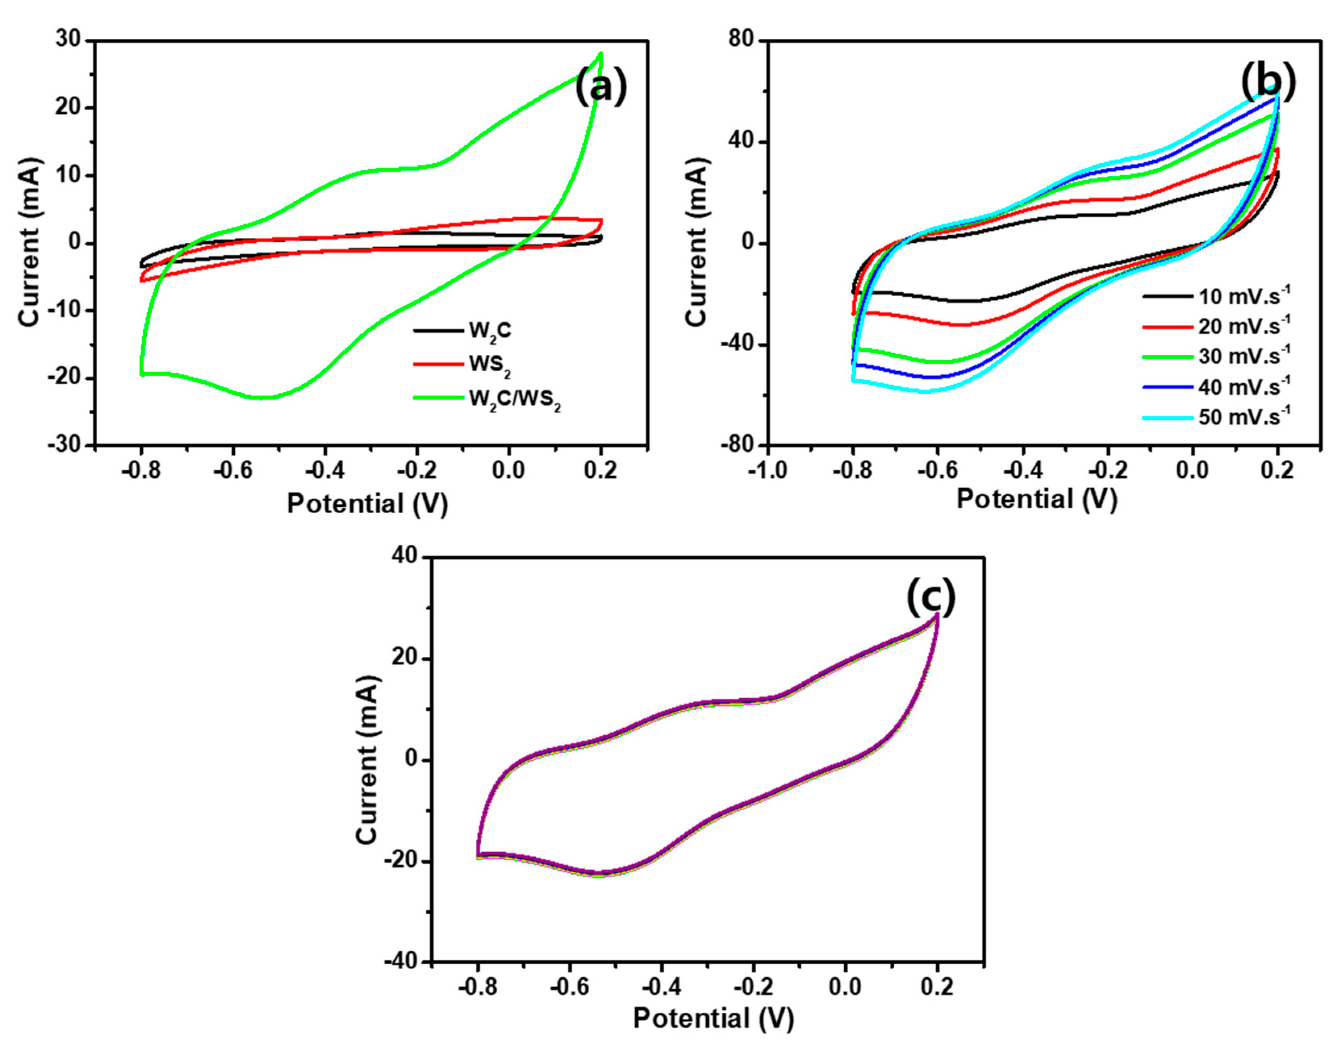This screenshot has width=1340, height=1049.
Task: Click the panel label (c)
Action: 931,599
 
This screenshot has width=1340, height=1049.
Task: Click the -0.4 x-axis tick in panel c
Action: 661,987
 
